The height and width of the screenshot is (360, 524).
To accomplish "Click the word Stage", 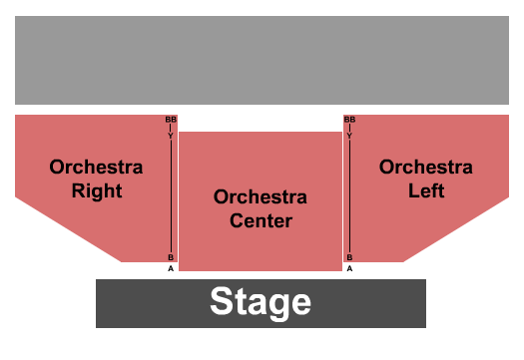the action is (261, 302).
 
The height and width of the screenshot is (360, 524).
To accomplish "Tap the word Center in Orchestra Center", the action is (261, 220).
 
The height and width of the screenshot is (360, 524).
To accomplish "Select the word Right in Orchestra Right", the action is (97, 190).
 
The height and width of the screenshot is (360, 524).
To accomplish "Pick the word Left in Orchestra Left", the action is (425, 190).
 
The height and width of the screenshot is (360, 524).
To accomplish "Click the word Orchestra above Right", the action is (97, 167).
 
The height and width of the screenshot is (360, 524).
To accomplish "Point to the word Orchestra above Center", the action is (261, 196).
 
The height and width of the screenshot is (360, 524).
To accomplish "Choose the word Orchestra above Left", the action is (425, 167).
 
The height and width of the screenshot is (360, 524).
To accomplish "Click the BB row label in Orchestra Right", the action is (170, 120).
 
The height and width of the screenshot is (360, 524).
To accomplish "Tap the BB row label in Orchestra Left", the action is (349, 120).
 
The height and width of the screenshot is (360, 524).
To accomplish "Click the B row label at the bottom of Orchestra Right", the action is (170, 257).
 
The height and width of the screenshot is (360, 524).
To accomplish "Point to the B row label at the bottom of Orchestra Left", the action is (349, 257).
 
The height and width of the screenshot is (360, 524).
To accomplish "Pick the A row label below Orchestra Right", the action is (170, 268).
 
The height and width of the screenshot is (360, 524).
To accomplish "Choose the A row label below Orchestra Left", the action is (349, 268).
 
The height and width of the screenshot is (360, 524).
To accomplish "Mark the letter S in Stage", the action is (221, 302).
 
